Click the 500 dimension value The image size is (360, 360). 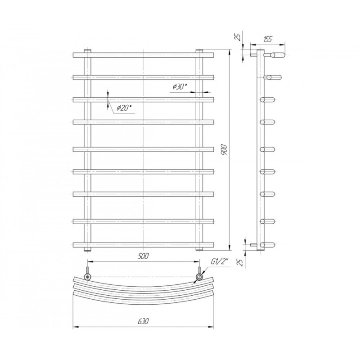pos(143,256)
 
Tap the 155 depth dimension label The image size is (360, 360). pos(268,39)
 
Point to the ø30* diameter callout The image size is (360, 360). pos(180,87)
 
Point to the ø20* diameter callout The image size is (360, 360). pos(126,108)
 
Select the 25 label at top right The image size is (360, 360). pos(238,37)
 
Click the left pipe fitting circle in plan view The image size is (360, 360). pos(87,276)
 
